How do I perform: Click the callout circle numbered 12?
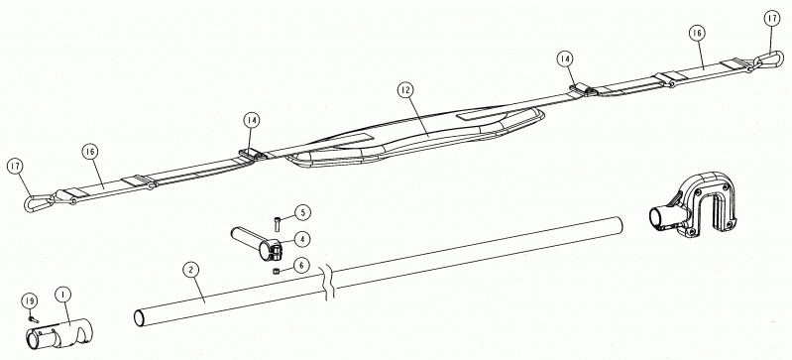pyautogui.click(x=404, y=90)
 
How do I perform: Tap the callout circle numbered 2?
pyautogui.click(x=190, y=270)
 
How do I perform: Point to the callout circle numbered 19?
pyautogui.click(x=30, y=301)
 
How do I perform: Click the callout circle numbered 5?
pyautogui.click(x=302, y=212)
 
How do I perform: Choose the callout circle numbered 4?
pyautogui.click(x=301, y=239)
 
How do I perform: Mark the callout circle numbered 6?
pyautogui.click(x=301, y=266)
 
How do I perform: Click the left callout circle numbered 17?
pyautogui.click(x=16, y=166)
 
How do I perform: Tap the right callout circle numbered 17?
pyautogui.click(x=772, y=19)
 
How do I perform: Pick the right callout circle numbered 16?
pyautogui.click(x=697, y=34)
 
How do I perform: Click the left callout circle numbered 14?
pyautogui.click(x=252, y=121)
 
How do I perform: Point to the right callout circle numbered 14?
pyautogui.click(x=566, y=60)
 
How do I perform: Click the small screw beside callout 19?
pyautogui.click(x=34, y=319)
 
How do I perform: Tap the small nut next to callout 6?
pyautogui.click(x=276, y=272)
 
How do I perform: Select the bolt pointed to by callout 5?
pyautogui.click(x=277, y=223)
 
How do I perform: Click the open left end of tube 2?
pyautogui.click(x=139, y=318)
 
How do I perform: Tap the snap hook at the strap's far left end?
pyautogui.click(x=39, y=202)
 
